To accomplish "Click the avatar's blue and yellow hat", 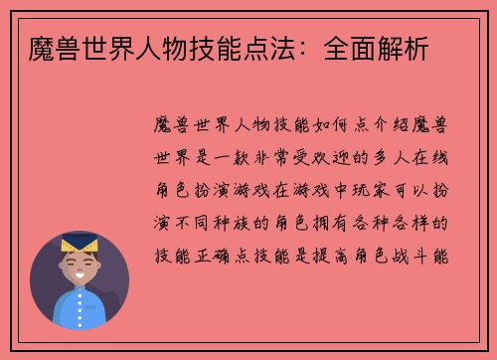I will pos(80,244).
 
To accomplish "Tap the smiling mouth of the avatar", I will pos(80,276).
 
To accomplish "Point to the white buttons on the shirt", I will pos(80,309).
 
